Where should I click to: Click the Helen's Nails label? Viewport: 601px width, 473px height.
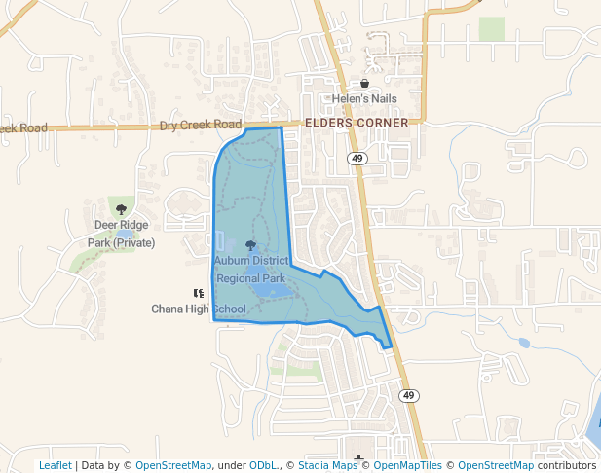[364, 99]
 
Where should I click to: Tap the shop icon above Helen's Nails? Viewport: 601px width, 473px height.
[364, 84]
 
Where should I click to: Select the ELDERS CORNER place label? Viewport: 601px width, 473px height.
[357, 124]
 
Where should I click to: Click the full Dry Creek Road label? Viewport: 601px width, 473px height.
[200, 126]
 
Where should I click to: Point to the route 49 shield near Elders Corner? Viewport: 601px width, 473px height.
[357, 158]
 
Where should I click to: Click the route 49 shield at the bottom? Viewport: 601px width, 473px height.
[408, 395]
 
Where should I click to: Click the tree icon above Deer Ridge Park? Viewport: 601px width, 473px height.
[121, 209]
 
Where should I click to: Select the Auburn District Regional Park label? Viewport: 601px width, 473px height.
[251, 270]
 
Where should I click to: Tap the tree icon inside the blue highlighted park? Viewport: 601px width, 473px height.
[251, 245]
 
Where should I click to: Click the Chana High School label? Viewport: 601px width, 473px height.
[199, 309]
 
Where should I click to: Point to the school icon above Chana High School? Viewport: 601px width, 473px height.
[199, 293]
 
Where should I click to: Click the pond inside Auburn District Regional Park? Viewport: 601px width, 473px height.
[271, 290]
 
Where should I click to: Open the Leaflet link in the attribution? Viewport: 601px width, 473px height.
[56, 466]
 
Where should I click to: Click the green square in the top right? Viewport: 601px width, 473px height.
[492, 29]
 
